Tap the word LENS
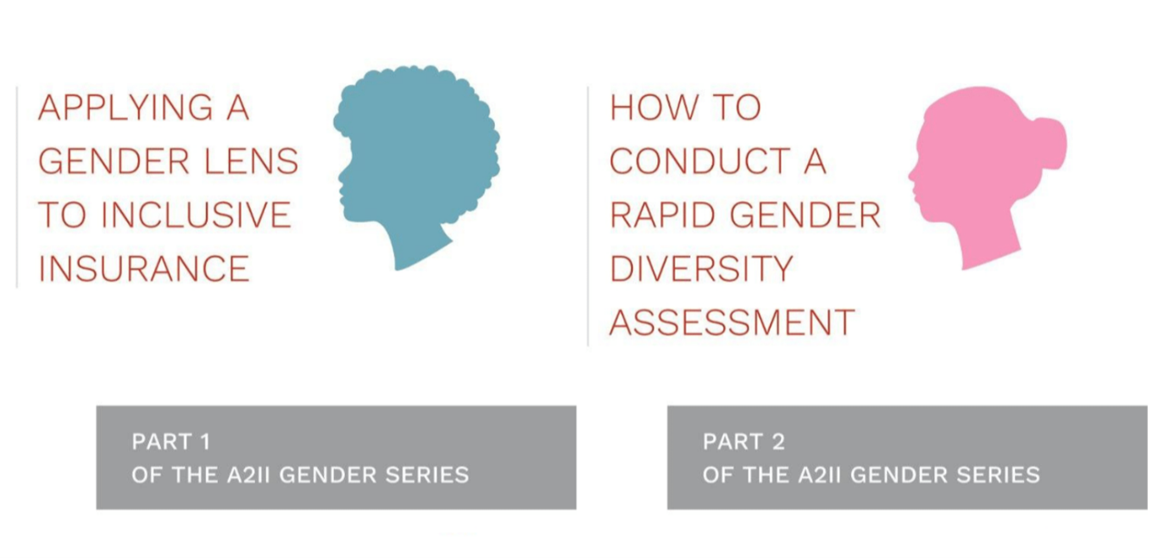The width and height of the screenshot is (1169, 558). [x=251, y=161]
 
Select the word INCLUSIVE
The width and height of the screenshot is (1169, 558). [x=196, y=215]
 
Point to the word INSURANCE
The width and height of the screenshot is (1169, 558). [x=144, y=268]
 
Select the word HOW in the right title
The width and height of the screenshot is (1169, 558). [x=654, y=108]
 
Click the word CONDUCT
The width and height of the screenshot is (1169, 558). [x=700, y=161]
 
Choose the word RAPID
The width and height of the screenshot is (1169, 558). [x=662, y=215]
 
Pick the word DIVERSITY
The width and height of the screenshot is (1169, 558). [x=701, y=268]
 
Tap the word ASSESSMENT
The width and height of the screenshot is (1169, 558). [x=732, y=322]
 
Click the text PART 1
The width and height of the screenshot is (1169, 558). [x=170, y=442]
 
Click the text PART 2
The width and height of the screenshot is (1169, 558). [x=743, y=442]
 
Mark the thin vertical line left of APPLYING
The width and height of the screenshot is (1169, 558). [x=17, y=187]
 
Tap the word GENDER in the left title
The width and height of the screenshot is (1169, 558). [x=114, y=161]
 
